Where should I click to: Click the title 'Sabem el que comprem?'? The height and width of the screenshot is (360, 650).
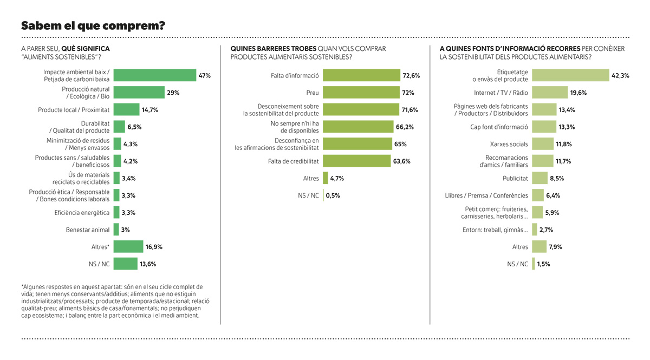pos(93,26)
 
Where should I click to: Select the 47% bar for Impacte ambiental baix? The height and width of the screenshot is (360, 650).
pos(155,75)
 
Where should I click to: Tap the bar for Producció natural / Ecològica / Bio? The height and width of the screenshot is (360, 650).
pos(139,92)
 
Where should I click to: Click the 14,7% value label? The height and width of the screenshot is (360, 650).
pos(149,110)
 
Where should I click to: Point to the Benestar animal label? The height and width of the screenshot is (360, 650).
pos(88,230)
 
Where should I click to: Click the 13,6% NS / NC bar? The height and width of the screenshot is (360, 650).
pos(125,264)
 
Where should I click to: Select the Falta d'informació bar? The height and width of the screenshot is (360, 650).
pos(362,75)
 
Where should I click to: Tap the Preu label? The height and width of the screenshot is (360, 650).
pos(313,93)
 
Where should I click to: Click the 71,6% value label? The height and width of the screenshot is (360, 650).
pos(409,110)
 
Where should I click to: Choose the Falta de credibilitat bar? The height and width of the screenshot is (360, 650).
pos(356,161)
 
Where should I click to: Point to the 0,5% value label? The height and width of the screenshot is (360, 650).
pos(333,195)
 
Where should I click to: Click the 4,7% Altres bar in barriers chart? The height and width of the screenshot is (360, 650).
pos(326,178)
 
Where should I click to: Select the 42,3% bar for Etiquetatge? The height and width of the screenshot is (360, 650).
pos(570,75)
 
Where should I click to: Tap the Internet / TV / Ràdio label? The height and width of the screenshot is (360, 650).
pos(501,93)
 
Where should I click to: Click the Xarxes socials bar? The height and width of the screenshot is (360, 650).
pos(543,144)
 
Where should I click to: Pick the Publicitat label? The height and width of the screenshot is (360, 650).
pos(515,178)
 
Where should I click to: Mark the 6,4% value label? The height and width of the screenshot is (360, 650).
pos(553,195)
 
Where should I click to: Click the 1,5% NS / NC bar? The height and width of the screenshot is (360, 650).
pos(534,264)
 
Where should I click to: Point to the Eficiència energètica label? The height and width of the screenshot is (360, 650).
pos(82,213)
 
